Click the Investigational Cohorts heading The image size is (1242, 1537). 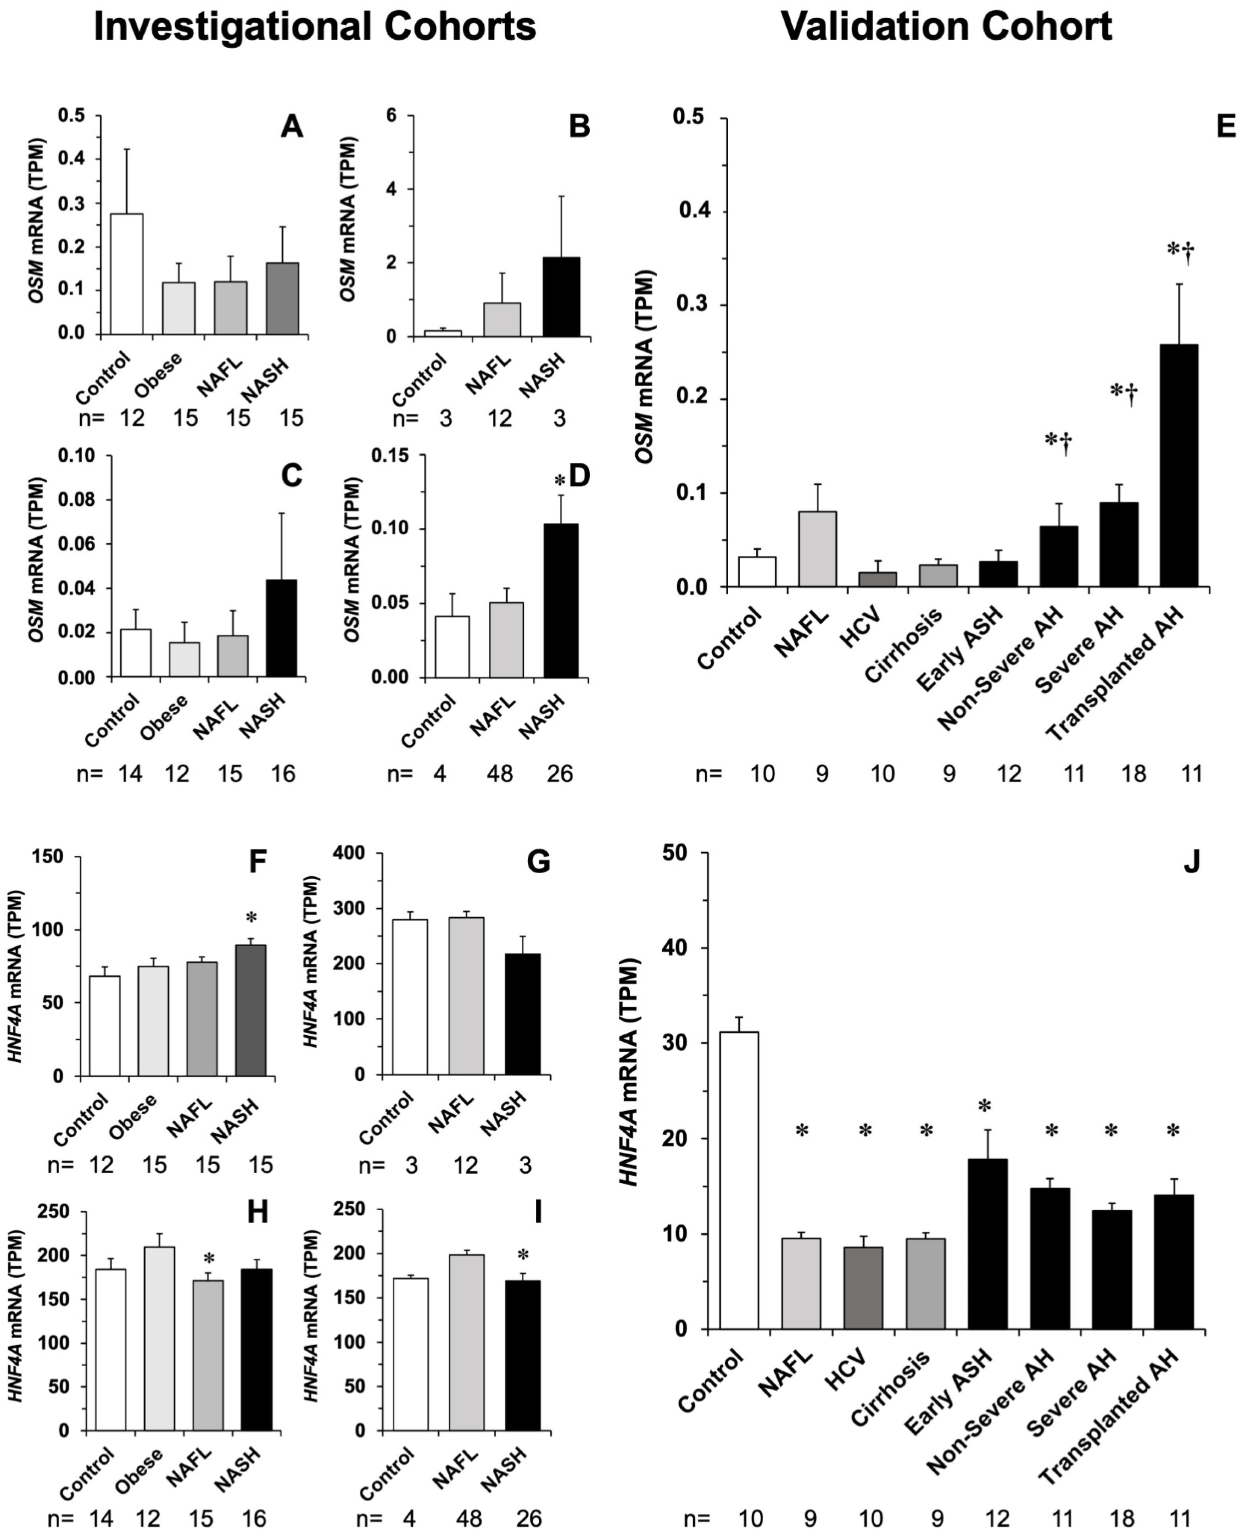pos(315,27)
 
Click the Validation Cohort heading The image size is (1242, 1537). pos(946,27)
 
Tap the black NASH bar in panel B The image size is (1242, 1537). pos(561,297)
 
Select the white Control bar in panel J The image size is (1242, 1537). pos(739,1180)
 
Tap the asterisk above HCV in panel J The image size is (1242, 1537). pos(865,1131)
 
